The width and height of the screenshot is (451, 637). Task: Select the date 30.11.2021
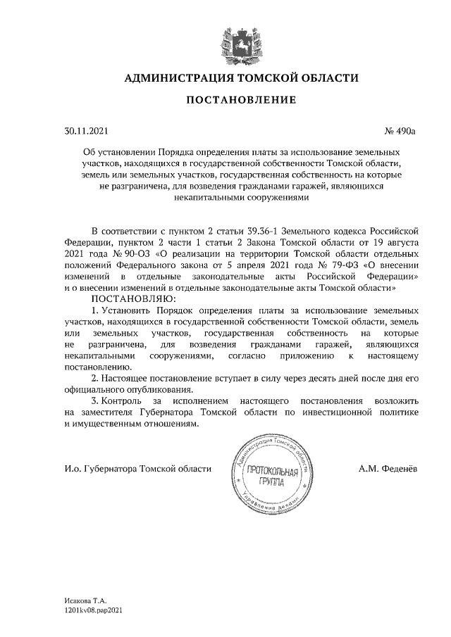pos(85,131)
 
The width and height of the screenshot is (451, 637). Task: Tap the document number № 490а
pos(400,131)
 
